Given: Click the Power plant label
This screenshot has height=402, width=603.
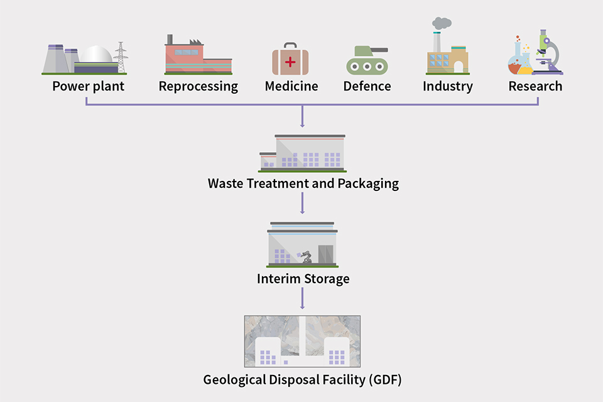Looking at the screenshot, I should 88,86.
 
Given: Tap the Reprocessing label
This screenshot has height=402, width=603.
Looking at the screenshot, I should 198,86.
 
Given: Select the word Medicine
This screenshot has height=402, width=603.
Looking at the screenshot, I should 291,86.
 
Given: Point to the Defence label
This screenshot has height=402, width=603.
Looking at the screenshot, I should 367,86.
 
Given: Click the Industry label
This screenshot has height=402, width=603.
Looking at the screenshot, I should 447,86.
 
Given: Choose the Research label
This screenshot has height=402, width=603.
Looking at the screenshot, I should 535,86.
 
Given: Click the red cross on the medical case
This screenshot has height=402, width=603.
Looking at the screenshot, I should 290,62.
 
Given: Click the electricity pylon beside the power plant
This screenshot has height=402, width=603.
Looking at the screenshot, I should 120,58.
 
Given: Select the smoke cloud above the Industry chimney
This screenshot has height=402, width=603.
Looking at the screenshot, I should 442,23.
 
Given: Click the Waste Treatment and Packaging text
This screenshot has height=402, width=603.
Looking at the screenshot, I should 303,184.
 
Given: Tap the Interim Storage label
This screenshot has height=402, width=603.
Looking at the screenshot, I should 303,278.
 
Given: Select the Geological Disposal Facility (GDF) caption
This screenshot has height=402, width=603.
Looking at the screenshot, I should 303,380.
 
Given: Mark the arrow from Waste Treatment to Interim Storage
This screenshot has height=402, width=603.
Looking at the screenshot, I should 303,203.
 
